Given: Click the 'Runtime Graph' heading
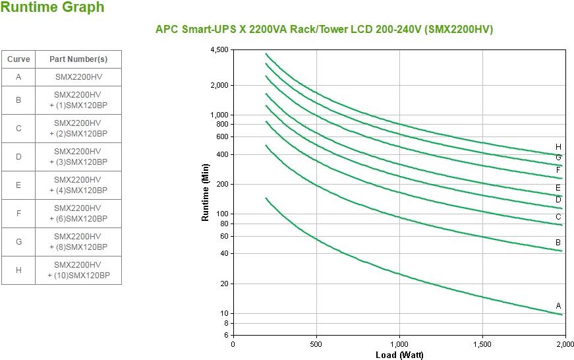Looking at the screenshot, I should pyautogui.click(x=53, y=8).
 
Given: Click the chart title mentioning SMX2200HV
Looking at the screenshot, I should pyautogui.click(x=324, y=30).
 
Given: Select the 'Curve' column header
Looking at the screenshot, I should pyautogui.click(x=18, y=59).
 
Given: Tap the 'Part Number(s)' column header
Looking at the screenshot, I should pyautogui.click(x=78, y=59).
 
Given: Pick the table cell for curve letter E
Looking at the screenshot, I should pyautogui.click(x=18, y=185).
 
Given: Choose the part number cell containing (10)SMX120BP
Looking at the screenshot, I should pyautogui.click(x=78, y=270).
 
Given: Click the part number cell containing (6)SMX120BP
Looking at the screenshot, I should pyautogui.click(x=78, y=214).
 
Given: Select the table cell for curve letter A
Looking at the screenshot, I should pyautogui.click(x=18, y=76).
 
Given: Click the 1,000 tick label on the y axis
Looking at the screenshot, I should pyautogui.click(x=219, y=115).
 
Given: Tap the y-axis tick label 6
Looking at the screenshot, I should pyautogui.click(x=225, y=335).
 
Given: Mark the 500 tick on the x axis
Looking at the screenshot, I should pyautogui.click(x=316, y=344).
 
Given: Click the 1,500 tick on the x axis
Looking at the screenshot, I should pyautogui.click(x=482, y=344).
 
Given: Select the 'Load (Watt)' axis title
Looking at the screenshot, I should pyautogui.click(x=399, y=355).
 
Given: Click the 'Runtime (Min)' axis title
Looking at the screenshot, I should pyautogui.click(x=206, y=193).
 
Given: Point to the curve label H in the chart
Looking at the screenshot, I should pyautogui.click(x=558, y=147).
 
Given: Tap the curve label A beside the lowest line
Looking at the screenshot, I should pyautogui.click(x=558, y=306).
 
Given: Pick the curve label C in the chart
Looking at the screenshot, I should pyautogui.click(x=558, y=217).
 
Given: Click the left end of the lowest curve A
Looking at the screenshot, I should pyautogui.click(x=266, y=198).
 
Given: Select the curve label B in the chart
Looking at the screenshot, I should pyautogui.click(x=558, y=243).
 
